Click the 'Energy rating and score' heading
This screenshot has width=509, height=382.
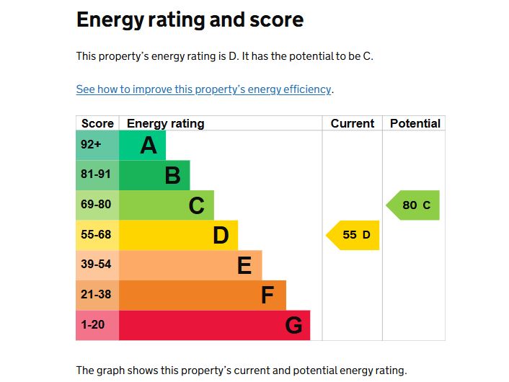(x=190, y=19)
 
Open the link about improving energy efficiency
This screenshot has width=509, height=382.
(x=204, y=89)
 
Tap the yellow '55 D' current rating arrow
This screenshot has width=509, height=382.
(x=354, y=235)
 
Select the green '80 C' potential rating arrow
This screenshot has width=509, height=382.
(x=414, y=205)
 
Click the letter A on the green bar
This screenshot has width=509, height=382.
(x=149, y=146)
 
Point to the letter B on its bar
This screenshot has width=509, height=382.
(x=172, y=176)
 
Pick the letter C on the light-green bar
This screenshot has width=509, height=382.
(x=196, y=206)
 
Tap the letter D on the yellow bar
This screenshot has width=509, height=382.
(x=221, y=236)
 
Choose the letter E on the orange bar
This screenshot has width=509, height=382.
(x=244, y=266)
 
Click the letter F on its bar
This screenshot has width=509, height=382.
(x=267, y=296)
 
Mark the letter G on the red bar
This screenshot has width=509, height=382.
(x=293, y=326)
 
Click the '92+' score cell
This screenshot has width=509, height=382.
(x=92, y=145)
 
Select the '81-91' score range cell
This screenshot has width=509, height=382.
(x=96, y=174)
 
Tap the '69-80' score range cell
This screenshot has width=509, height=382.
(x=96, y=205)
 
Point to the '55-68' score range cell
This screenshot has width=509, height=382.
(x=96, y=235)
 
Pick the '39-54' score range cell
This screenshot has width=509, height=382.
(x=96, y=265)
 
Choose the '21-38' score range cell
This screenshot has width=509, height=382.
(x=96, y=295)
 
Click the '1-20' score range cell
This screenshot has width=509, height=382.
(x=93, y=325)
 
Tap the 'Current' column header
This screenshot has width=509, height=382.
(x=353, y=123)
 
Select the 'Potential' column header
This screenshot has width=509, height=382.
(x=415, y=123)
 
